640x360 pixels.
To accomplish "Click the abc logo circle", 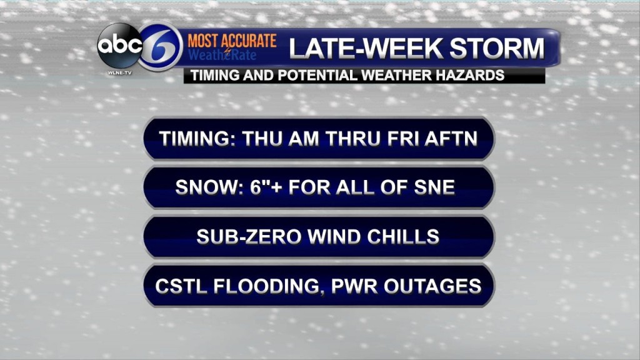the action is pyautogui.click(x=119, y=46).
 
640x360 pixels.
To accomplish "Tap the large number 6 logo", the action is pyautogui.click(x=161, y=46).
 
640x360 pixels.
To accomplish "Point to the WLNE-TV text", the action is pyautogui.click(x=119, y=72).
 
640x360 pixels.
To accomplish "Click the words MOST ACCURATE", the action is pyautogui.click(x=232, y=41).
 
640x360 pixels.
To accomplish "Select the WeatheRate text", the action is pyautogui.click(x=222, y=55).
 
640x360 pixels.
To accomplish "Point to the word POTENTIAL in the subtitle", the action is pyautogui.click(x=317, y=76).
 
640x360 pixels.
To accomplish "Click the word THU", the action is pyautogui.click(x=262, y=138).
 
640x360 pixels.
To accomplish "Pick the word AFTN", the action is pyautogui.click(x=451, y=138).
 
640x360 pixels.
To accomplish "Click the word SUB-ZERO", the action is pyautogui.click(x=249, y=236).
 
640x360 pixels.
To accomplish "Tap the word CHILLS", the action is pyautogui.click(x=403, y=236).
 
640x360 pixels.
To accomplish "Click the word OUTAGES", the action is pyautogui.click(x=432, y=286).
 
